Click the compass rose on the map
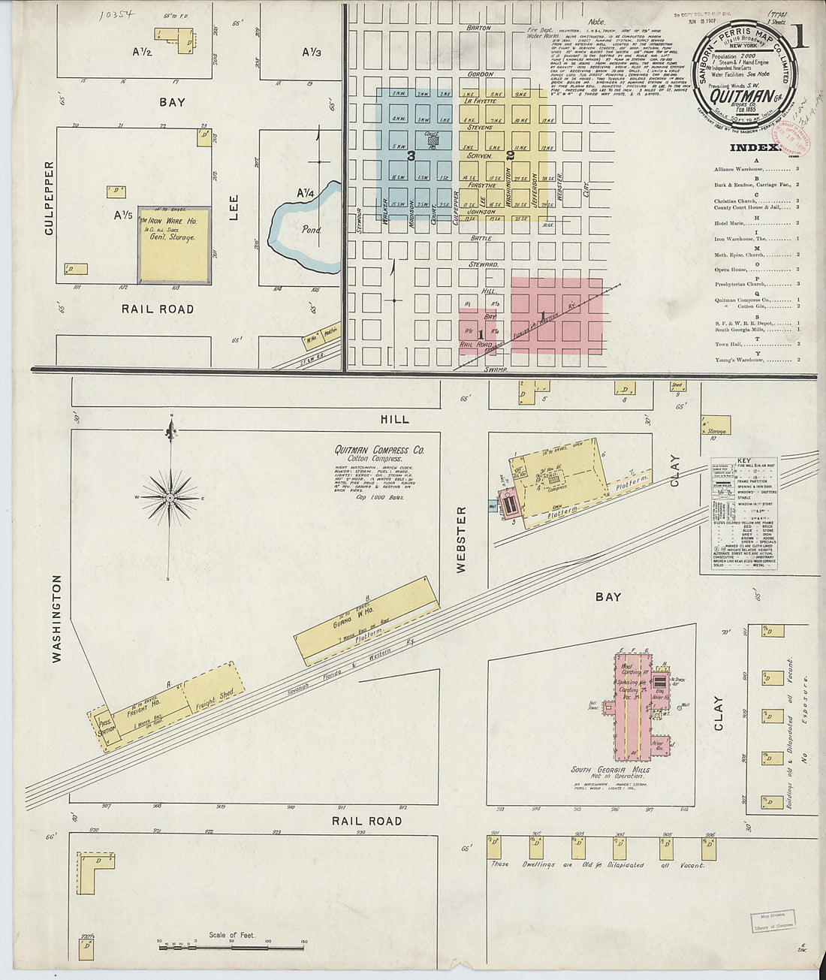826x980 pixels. (170, 497)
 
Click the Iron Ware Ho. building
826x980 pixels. (174, 246)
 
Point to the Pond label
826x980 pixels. (311, 230)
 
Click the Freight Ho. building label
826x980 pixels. (146, 705)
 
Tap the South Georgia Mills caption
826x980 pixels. (610, 770)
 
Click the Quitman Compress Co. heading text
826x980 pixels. (379, 450)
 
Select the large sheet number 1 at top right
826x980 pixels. (798, 37)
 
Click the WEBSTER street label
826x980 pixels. (461, 538)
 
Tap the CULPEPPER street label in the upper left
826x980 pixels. (50, 198)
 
